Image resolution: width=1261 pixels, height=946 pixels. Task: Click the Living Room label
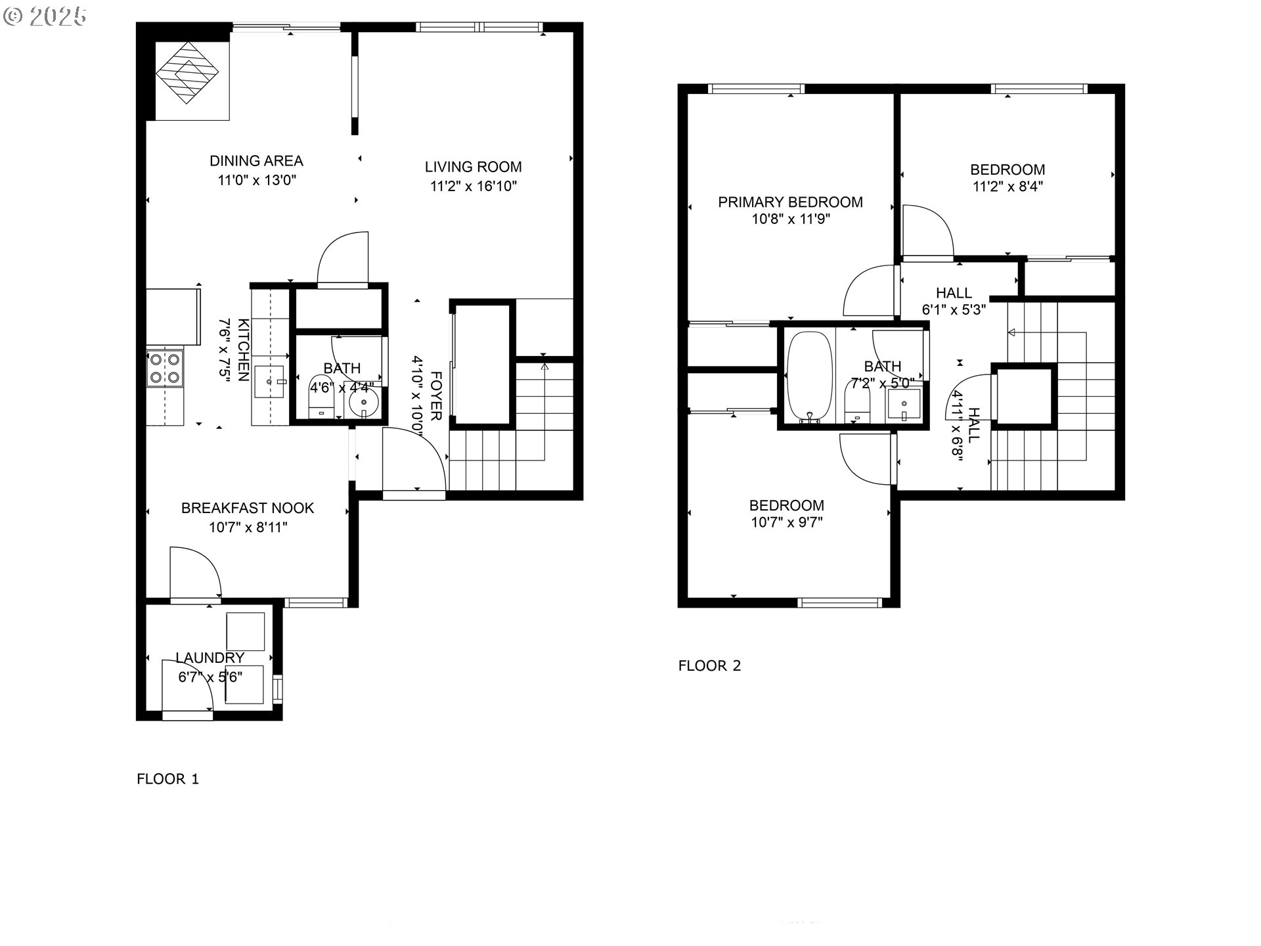coord(473,167)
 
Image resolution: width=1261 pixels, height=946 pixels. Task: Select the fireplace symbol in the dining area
coord(191,73)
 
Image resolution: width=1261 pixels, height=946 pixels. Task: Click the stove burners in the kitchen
coord(164,368)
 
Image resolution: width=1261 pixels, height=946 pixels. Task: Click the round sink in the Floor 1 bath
coord(364,403)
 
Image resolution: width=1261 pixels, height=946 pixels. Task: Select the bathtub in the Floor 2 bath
coord(810,376)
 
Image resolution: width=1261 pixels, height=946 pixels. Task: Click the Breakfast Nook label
coord(248,508)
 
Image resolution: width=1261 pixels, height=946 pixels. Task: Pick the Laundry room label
coord(210,658)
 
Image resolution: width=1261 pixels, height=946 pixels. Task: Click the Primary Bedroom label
coord(790,202)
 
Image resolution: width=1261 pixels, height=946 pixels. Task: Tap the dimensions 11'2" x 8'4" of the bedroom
coord(1007,187)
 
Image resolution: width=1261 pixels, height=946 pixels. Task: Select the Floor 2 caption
coord(709,665)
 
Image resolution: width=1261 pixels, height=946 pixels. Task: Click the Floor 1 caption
coord(167,779)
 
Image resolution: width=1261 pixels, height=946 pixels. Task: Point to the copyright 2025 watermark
coord(45,16)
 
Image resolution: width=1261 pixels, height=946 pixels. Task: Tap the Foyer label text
coord(435,396)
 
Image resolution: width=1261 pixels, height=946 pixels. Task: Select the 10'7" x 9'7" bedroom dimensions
coord(787,523)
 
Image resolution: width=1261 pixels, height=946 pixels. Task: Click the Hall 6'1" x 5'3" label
coord(954,301)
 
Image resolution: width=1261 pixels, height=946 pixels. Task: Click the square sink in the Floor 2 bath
coord(904,405)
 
